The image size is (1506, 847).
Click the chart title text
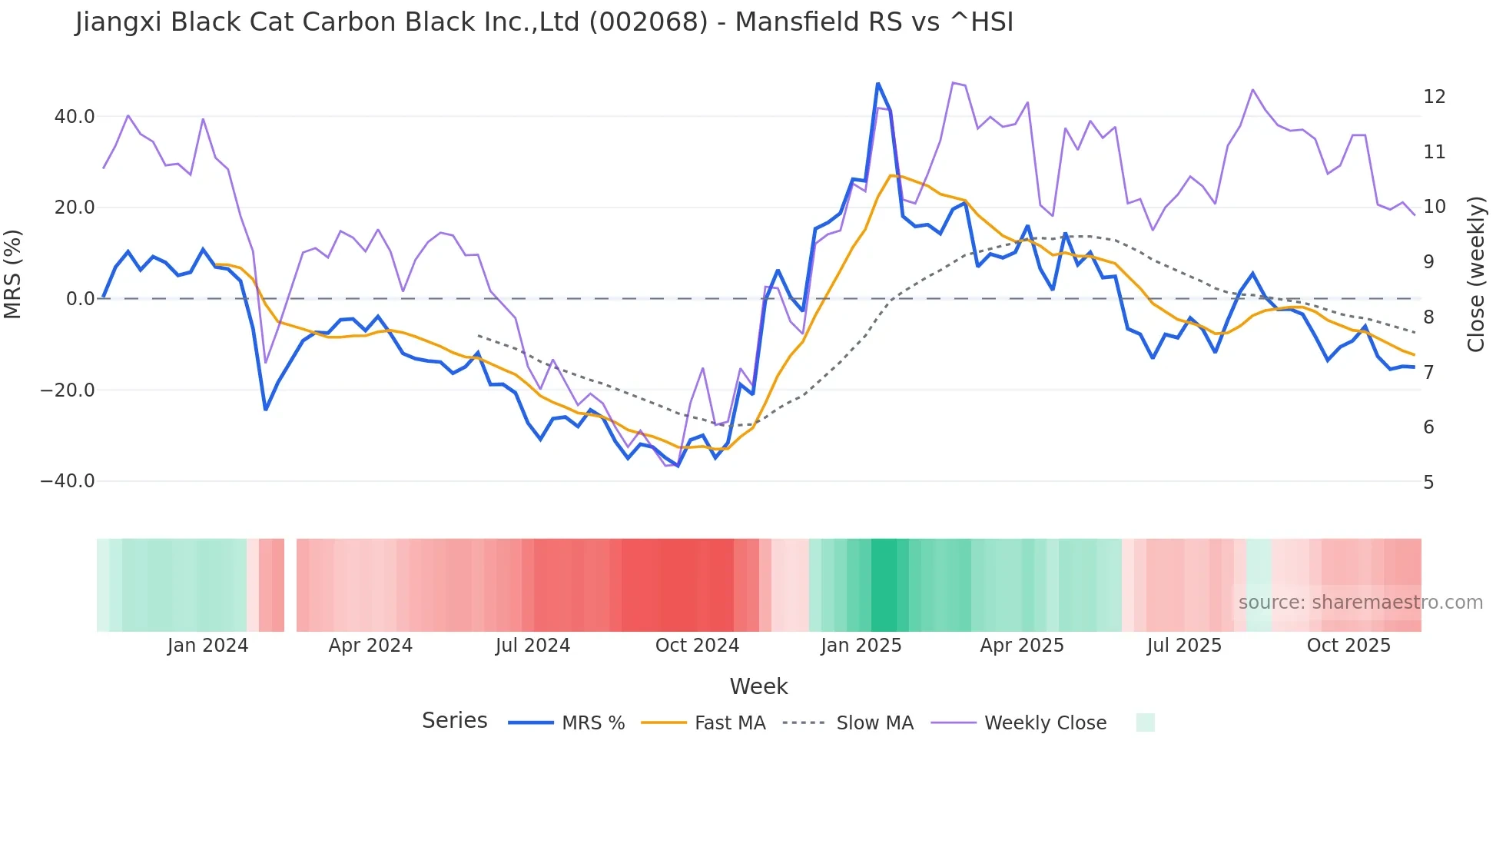[544, 22]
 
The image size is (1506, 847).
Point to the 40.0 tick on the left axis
[75, 117]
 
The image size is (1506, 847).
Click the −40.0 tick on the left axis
[68, 481]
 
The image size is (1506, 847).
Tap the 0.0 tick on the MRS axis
[81, 299]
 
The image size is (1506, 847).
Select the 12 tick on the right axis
[1434, 97]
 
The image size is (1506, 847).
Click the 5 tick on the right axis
[1428, 483]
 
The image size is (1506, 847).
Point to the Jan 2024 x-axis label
[207, 646]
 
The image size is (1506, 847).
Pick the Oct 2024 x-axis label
[697, 646]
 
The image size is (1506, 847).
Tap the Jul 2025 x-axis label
[1184, 646]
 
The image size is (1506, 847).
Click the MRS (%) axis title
[13, 274]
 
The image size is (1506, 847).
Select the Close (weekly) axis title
[1476, 274]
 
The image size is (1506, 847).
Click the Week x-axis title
[758, 686]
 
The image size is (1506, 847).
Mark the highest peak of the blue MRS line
[877, 84]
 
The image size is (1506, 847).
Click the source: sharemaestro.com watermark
[1360, 603]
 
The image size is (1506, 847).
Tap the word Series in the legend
[454, 721]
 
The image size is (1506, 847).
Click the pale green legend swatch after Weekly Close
[1145, 722]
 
